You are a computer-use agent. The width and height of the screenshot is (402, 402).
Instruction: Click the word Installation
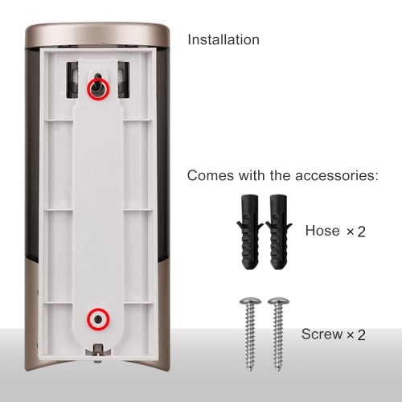coord(224,39)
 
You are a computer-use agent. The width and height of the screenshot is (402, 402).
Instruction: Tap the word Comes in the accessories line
coord(211,176)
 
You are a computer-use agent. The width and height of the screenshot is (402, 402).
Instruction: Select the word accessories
coord(337,176)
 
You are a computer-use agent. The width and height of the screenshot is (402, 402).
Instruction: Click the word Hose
coord(322,231)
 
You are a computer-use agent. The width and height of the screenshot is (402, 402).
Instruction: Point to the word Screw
coord(322,334)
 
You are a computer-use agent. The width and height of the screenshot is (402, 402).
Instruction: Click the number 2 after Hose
coord(362,232)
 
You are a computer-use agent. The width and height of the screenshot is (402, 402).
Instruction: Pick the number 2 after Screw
coord(362,335)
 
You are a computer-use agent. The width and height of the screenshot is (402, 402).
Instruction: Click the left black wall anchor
coord(249,232)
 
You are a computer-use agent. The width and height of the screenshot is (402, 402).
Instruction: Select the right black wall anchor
coord(278,232)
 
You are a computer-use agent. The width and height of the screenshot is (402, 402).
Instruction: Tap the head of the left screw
coord(250,301)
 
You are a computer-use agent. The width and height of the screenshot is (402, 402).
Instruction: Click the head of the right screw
coord(278,301)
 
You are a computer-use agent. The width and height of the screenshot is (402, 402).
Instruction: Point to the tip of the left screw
coord(251,371)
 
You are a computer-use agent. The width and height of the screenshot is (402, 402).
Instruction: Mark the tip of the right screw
coord(278,371)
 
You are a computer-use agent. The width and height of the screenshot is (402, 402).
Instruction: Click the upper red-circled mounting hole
coord(98,88)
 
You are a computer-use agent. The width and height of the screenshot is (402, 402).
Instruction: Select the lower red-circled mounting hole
coord(98,319)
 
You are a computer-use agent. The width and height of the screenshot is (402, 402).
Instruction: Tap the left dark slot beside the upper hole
coord(72,80)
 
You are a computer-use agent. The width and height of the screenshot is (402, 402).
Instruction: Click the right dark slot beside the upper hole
coord(124,80)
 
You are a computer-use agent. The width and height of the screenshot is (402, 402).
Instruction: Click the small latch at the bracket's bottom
coord(98,350)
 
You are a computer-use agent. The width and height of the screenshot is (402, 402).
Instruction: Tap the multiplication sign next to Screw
coord(351,334)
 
